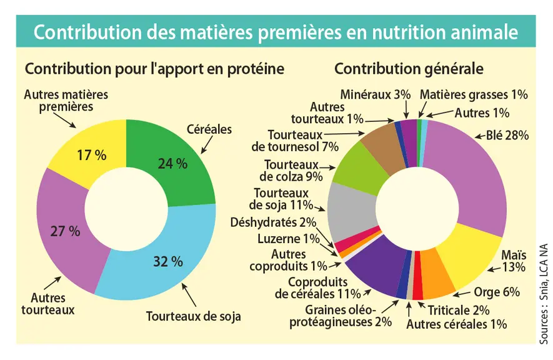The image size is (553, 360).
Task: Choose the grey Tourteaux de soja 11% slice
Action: pyautogui.click(x=351, y=211)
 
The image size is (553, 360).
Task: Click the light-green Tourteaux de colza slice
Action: pyautogui.click(x=360, y=169)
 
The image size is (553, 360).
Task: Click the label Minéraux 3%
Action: pyautogui.click(x=376, y=95)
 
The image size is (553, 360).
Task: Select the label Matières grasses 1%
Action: pyautogui.click(x=474, y=95)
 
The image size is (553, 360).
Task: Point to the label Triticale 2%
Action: pyautogui.click(x=459, y=311)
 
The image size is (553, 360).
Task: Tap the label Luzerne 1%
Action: pyautogui.click(x=289, y=239)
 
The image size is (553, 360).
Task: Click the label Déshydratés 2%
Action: pyautogui.click(x=273, y=222)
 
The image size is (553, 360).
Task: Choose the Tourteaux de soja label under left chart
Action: pyautogui.click(x=193, y=316)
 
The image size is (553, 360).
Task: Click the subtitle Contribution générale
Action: pyautogui.click(x=409, y=69)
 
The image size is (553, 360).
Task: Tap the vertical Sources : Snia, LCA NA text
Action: pyautogui.click(x=544, y=294)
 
